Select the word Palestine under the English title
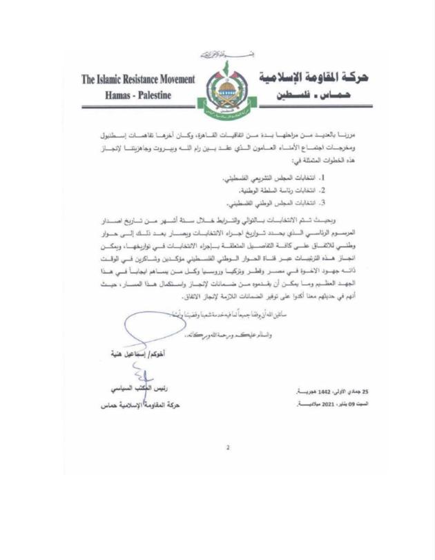[157, 95]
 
